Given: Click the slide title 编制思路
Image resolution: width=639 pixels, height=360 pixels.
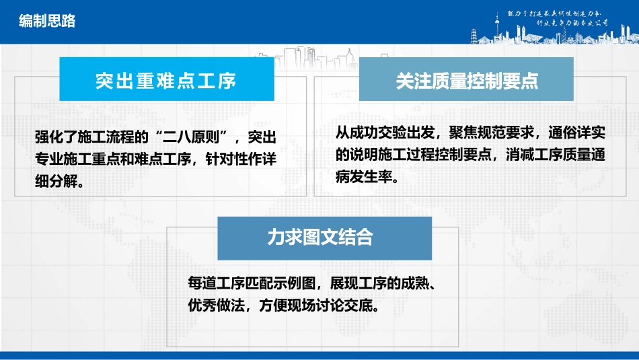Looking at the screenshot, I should tap(47, 22).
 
